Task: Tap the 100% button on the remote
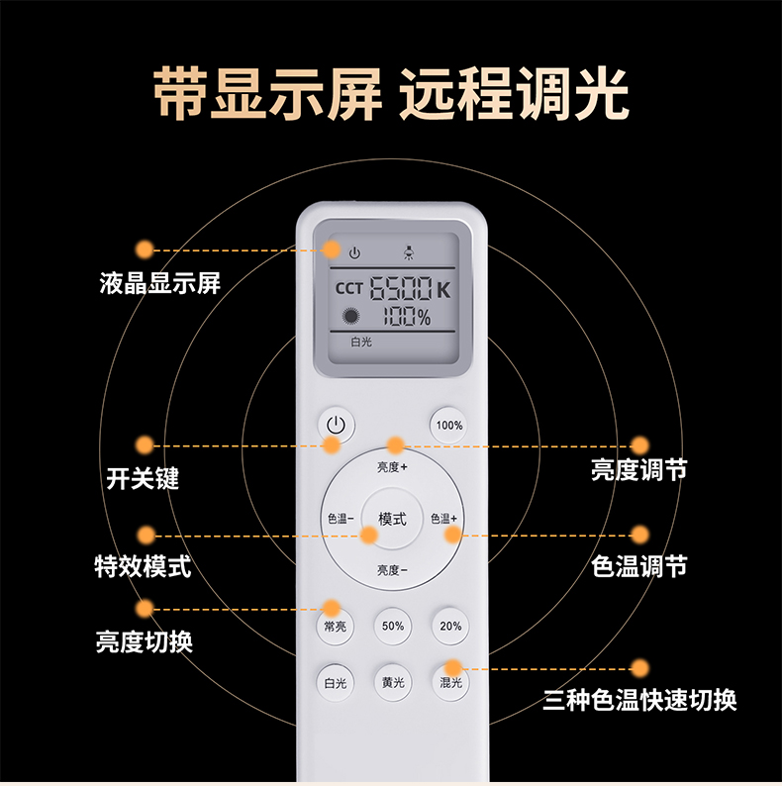(x=448, y=425)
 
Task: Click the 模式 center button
(x=392, y=519)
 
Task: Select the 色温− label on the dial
(x=341, y=519)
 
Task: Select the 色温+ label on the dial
(x=443, y=519)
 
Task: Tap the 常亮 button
(x=335, y=626)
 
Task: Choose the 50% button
(x=393, y=626)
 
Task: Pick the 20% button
(x=450, y=626)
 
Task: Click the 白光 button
(x=335, y=683)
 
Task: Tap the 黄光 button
(x=393, y=683)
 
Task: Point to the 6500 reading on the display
(x=401, y=288)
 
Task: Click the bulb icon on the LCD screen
(x=409, y=252)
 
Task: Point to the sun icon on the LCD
(x=350, y=317)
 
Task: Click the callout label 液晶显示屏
(x=160, y=283)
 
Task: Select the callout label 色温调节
(x=639, y=566)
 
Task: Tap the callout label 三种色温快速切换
(x=639, y=700)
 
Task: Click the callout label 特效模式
(x=143, y=566)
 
